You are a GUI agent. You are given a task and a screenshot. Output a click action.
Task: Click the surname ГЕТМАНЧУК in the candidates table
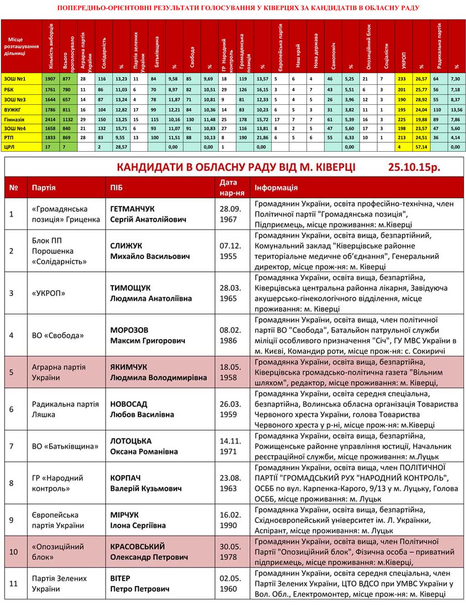pyautogui.click(x=132, y=209)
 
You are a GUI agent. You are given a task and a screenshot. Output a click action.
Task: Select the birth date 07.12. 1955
pyautogui.click(x=230, y=251)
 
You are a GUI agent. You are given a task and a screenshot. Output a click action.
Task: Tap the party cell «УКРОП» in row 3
pyautogui.click(x=48, y=293)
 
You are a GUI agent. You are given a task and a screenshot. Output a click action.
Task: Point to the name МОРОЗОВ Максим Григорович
pyautogui.click(x=147, y=335)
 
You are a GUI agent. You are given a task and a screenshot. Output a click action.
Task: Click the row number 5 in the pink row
pyautogui.click(x=11, y=372)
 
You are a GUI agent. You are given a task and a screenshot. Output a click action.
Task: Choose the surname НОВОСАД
pyautogui.click(x=129, y=404)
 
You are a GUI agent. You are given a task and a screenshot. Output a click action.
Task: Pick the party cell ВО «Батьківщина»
pyautogui.click(x=65, y=446)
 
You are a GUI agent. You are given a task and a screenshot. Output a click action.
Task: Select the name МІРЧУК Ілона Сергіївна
pyautogui.click(x=138, y=520)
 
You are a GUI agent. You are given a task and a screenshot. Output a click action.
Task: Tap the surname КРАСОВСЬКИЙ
pyautogui.click(x=137, y=547)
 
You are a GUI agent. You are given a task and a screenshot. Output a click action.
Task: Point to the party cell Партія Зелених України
pyautogui.click(x=59, y=584)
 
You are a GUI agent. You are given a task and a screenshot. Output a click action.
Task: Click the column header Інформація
pyautogui.click(x=276, y=188)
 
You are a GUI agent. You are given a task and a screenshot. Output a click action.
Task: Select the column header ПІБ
pyautogui.click(x=116, y=188)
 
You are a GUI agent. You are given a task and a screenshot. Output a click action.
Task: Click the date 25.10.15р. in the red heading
pyautogui.click(x=414, y=167)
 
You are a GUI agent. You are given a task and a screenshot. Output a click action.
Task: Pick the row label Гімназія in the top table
pyautogui.click(x=15, y=119)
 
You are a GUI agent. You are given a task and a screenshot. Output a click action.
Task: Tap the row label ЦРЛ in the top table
pyautogui.click(x=9, y=147)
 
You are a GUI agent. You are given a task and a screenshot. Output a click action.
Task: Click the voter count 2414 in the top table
pyautogui.click(x=50, y=119)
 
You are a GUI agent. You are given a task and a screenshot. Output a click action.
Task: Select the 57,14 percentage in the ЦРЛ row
pyautogui.click(x=421, y=147)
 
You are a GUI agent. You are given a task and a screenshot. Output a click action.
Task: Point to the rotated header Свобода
pyautogui.click(x=192, y=57)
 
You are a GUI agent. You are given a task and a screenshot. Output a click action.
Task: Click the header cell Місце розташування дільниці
pyautogui.click(x=21, y=46)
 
